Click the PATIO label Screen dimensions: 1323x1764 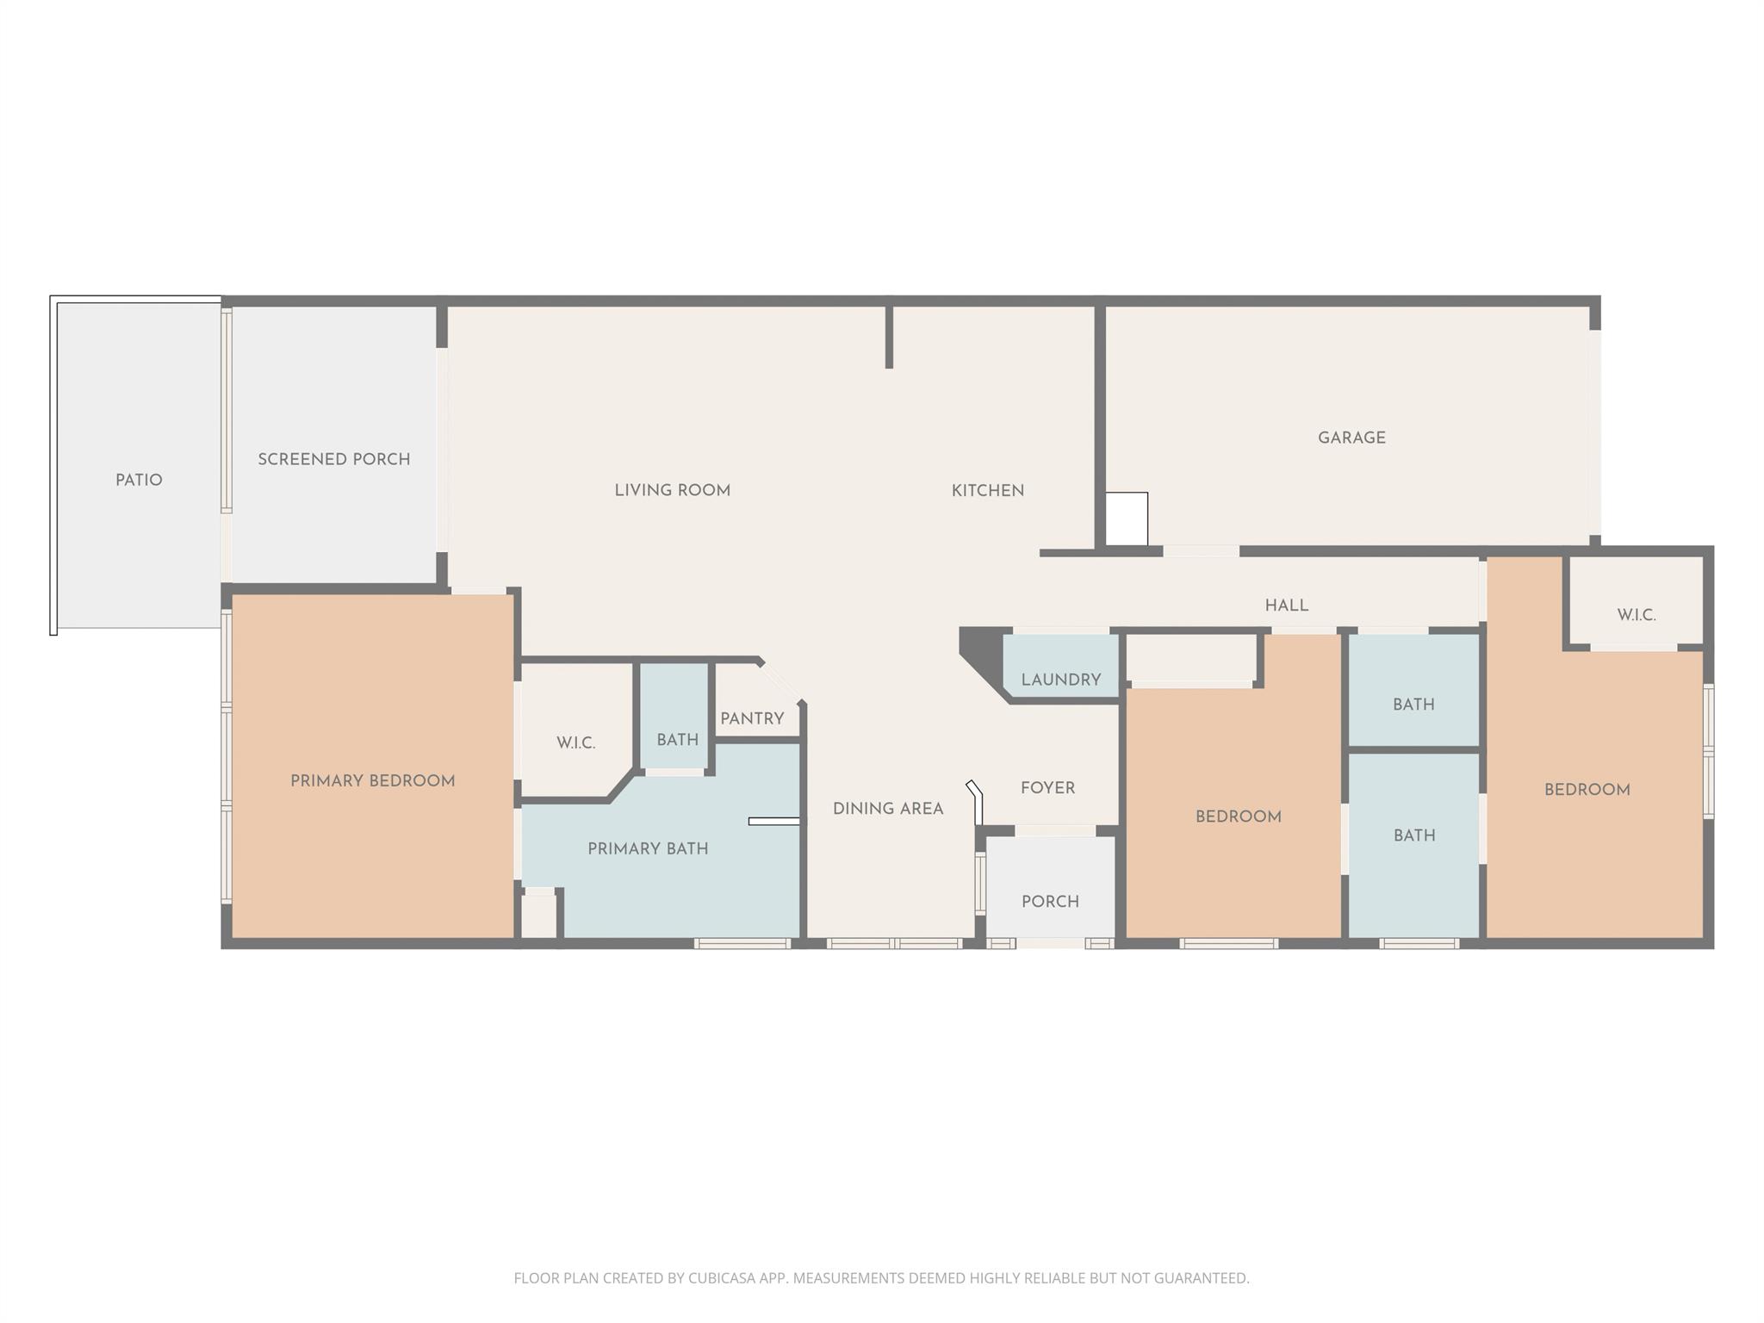(139, 480)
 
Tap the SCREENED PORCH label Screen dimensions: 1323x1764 (334, 459)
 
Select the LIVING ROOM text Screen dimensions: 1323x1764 (672, 490)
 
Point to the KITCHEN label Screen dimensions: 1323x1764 (987, 491)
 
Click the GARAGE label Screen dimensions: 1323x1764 (1351, 438)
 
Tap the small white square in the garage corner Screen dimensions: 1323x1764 (1127, 519)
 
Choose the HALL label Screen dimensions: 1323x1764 (1286, 606)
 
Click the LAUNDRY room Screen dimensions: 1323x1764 (1060, 680)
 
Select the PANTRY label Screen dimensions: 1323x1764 (752, 718)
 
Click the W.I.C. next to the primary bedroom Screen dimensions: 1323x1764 (575, 742)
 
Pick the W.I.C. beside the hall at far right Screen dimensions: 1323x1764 (1636, 615)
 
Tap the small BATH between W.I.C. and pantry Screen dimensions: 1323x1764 (677, 739)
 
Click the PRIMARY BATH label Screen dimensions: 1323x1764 (648, 848)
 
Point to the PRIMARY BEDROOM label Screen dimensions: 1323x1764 (372, 781)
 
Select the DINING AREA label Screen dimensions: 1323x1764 (888, 809)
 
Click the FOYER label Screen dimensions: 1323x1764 (1047, 788)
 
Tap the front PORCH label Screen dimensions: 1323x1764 (1050, 901)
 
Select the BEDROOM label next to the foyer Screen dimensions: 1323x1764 (1238, 817)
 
